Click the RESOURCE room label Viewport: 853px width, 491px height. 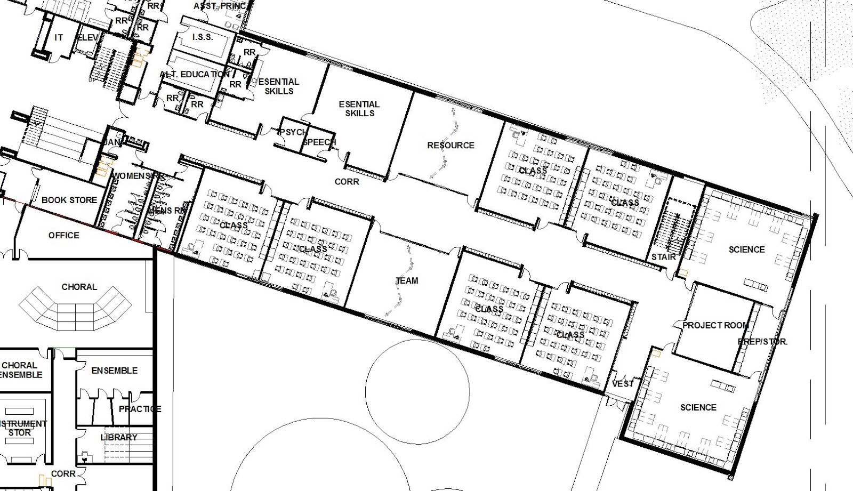pyautogui.click(x=450, y=145)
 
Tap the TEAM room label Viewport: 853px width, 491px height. pyautogui.click(x=407, y=280)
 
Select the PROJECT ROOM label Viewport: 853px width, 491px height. pyautogui.click(x=715, y=325)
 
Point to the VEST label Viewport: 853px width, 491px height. pyautogui.click(x=623, y=384)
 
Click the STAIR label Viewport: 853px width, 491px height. pyautogui.click(x=664, y=257)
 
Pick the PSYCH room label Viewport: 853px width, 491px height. pyautogui.click(x=292, y=132)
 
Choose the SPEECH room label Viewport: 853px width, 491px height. pyautogui.click(x=319, y=142)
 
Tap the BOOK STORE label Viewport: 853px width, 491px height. pyautogui.click(x=69, y=200)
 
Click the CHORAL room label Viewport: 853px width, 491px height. pyautogui.click(x=79, y=287)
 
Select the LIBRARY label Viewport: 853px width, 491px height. pyautogui.click(x=119, y=437)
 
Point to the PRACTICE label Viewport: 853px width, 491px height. pyautogui.click(x=140, y=409)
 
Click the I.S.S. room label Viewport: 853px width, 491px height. pyautogui.click(x=202, y=37)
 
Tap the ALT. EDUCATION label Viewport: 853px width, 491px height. pyautogui.click(x=195, y=74)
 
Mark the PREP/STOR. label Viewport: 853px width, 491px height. pyautogui.click(x=762, y=341)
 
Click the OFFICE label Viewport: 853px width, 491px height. pyautogui.click(x=64, y=235)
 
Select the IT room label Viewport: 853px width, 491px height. pyautogui.click(x=59, y=37)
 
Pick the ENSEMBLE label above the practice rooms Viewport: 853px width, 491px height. pyautogui.click(x=115, y=371)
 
